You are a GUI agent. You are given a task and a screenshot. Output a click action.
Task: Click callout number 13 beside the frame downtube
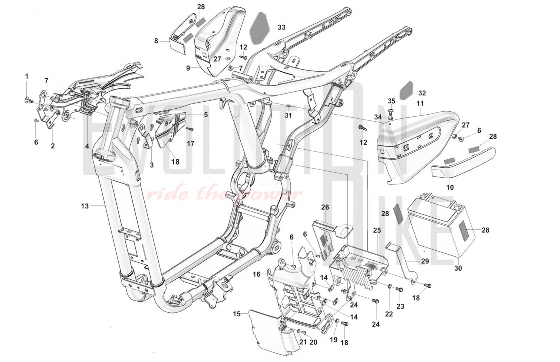pos(85,206)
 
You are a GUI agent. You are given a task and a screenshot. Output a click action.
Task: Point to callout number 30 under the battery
pos(458,268)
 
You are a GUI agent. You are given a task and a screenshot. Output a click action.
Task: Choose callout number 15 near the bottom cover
pos(237,314)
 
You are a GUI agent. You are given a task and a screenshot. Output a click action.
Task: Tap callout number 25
pos(377,230)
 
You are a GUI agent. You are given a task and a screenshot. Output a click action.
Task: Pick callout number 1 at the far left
pos(27,76)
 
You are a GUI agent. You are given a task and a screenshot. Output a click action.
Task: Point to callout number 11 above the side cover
pos(420,102)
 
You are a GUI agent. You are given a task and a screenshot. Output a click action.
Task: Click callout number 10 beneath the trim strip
pos(450,187)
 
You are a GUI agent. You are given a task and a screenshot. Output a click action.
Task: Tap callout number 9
pos(188,68)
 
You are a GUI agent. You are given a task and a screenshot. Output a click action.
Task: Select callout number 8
pos(156,41)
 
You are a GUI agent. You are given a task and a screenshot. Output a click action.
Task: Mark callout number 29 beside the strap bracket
pos(425,261)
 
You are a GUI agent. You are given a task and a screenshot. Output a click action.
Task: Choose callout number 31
pos(288,115)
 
